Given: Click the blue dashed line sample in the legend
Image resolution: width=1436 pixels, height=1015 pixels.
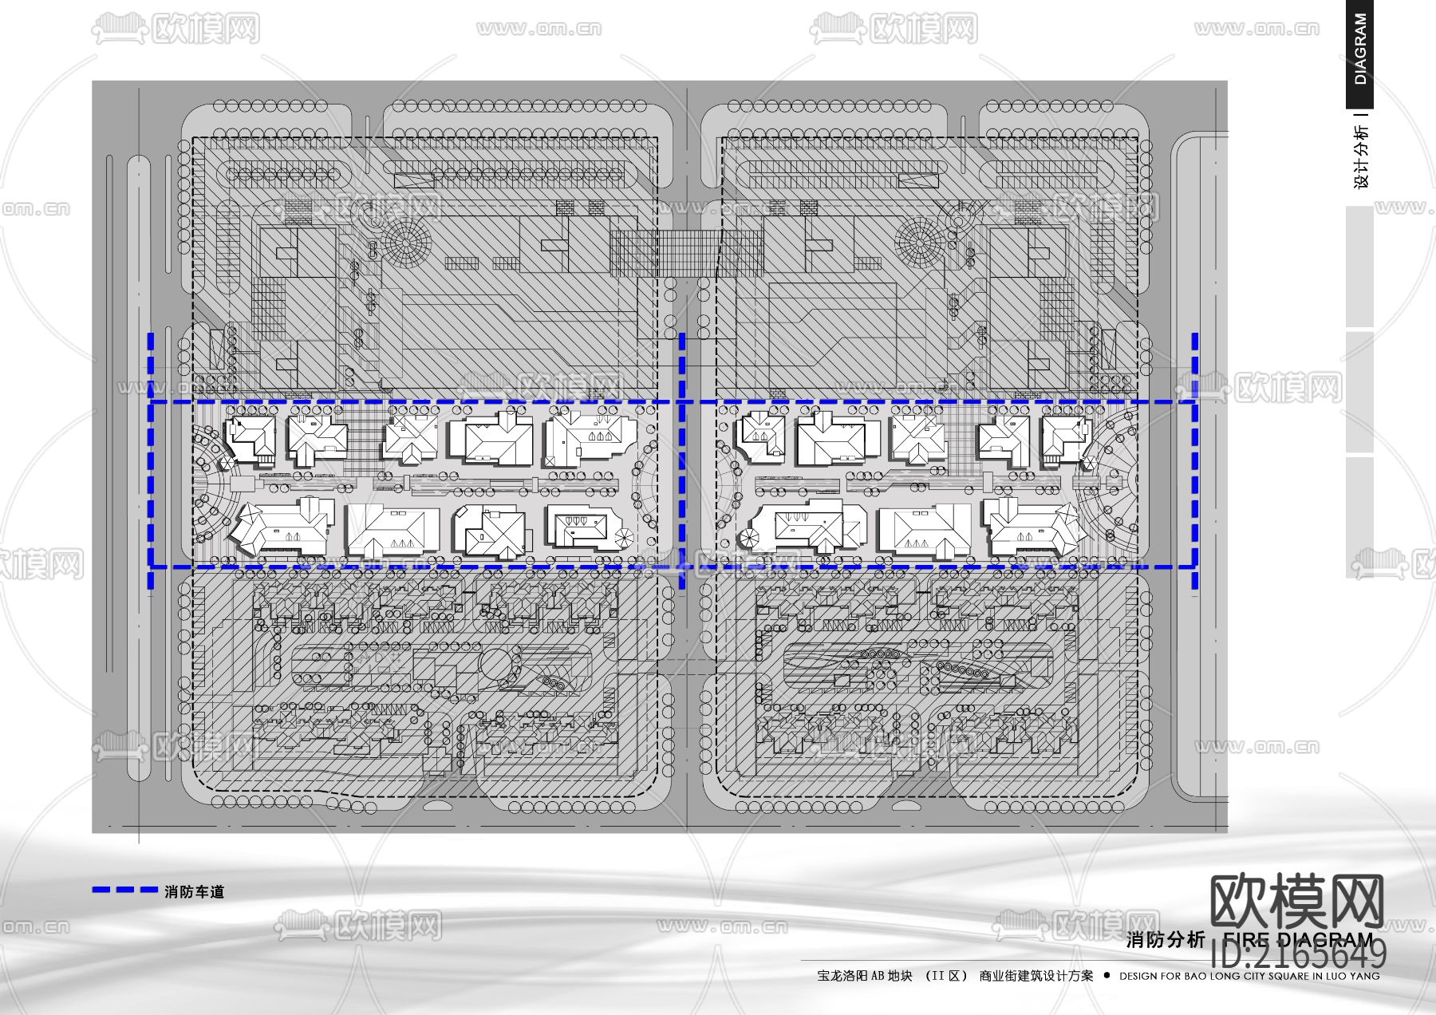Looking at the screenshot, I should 125,890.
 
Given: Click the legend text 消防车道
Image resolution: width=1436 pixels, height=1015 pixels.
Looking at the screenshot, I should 195,891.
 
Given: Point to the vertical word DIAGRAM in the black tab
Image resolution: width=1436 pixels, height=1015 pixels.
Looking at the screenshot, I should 1360,49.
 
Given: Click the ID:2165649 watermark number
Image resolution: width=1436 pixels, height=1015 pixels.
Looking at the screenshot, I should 1299,954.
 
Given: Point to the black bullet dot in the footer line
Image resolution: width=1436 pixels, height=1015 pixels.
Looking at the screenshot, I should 1107,975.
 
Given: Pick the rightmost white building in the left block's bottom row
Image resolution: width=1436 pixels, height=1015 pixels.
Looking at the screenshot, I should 583,527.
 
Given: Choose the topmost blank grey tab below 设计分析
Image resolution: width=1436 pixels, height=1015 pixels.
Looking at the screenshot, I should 1359,267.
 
